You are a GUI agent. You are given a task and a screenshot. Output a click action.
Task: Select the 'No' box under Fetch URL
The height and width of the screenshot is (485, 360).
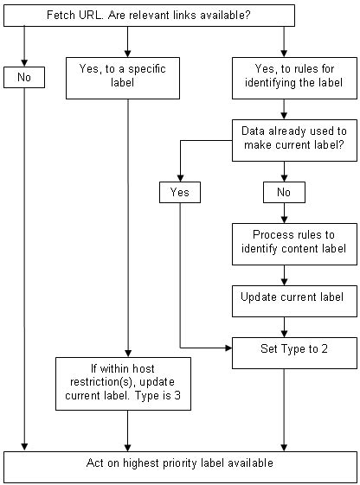click(x=24, y=78)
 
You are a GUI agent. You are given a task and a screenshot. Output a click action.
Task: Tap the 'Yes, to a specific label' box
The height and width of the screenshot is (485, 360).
click(x=128, y=78)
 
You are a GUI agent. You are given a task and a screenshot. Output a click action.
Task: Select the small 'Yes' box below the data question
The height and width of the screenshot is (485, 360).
click(x=180, y=192)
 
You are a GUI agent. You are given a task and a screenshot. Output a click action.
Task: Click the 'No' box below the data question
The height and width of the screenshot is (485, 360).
click(x=284, y=192)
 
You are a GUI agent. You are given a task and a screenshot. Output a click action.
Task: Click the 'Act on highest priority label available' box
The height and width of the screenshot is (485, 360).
click(x=180, y=464)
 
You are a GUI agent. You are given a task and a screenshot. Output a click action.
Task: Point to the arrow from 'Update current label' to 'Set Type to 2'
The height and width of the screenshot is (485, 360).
click(x=284, y=326)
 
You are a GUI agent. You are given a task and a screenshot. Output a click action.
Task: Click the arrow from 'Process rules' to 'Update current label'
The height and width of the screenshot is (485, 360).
click(x=284, y=273)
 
